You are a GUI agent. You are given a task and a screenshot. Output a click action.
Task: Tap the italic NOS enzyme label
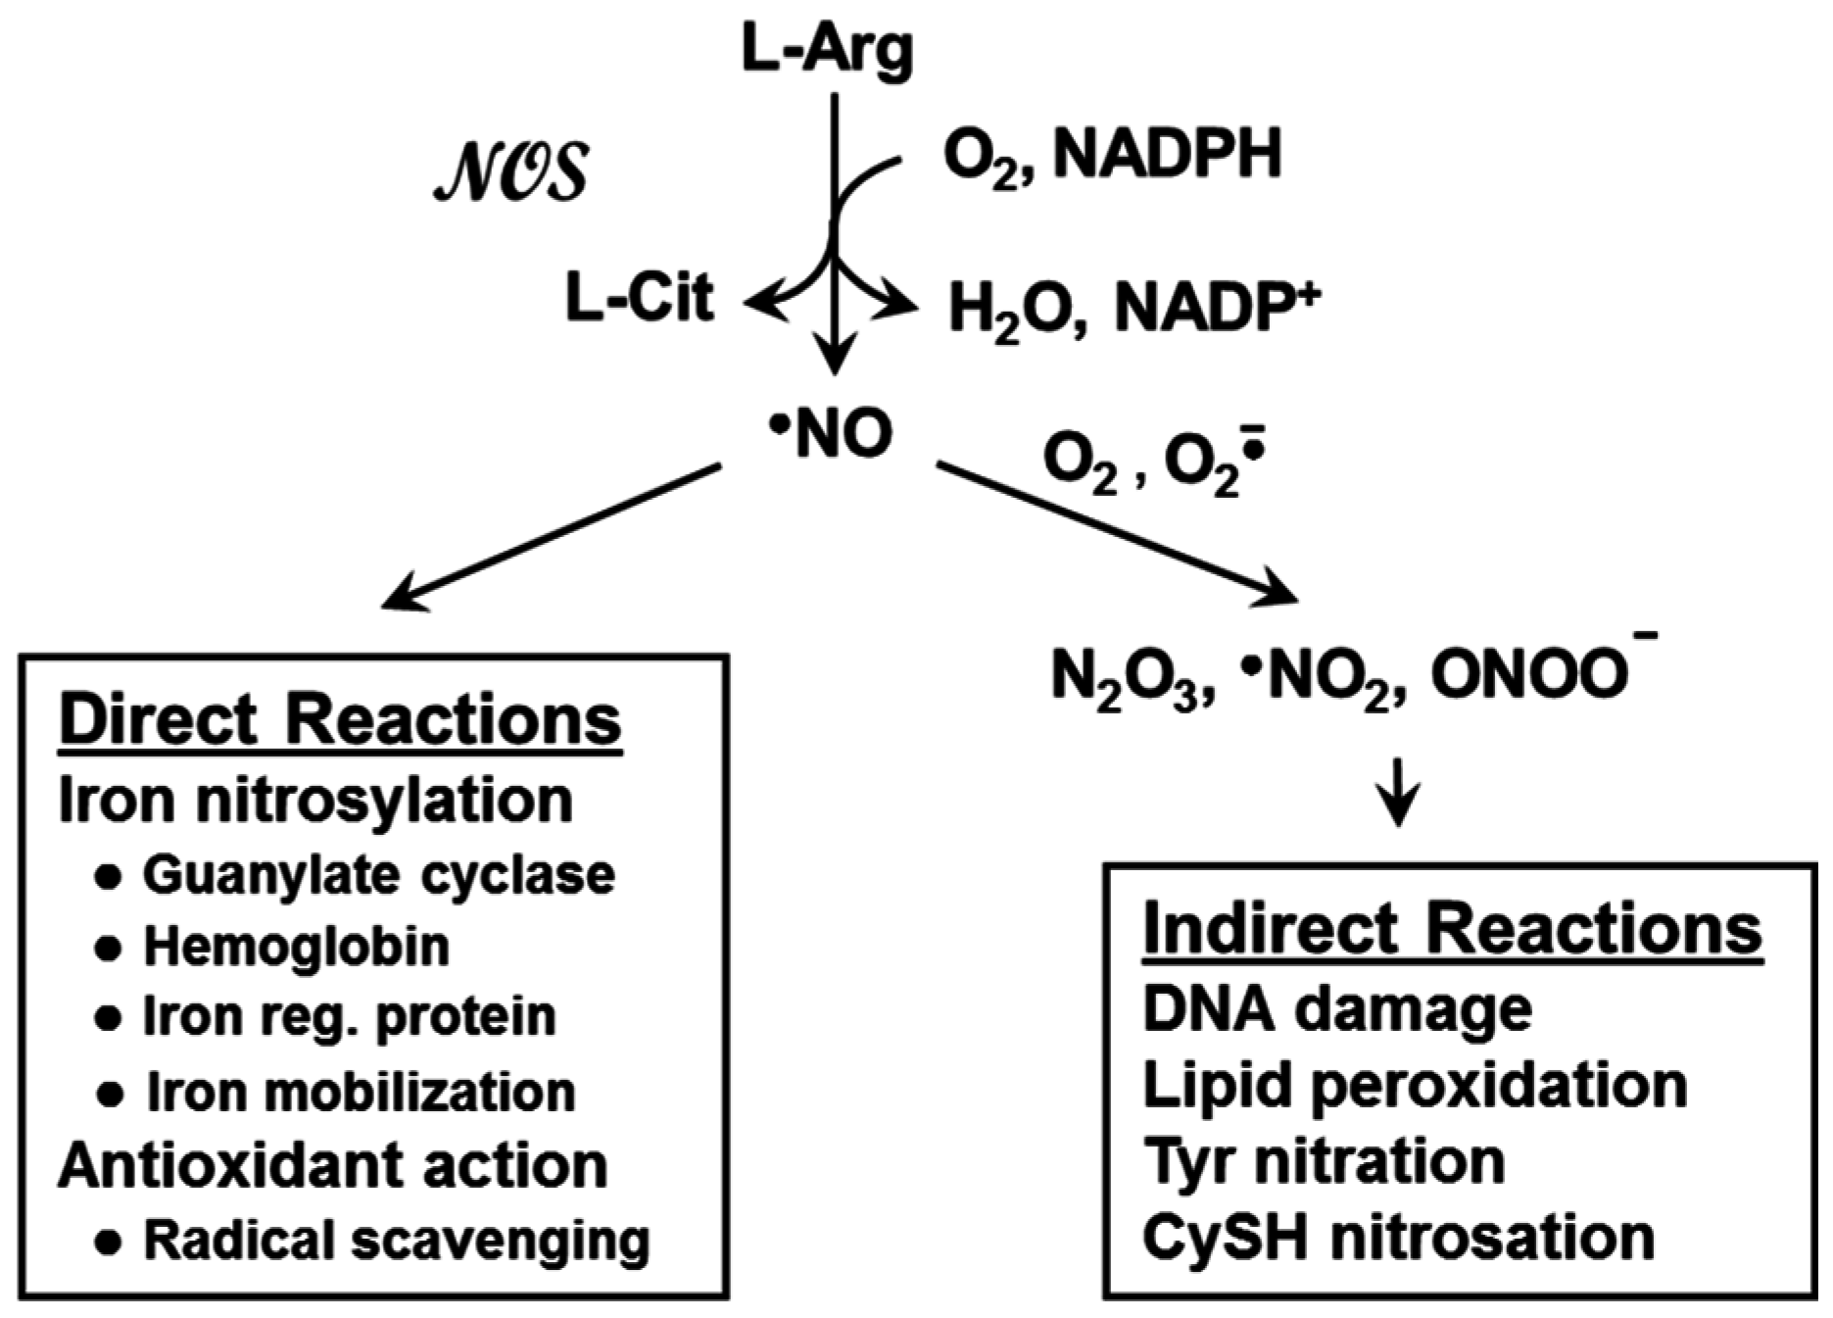[510, 172]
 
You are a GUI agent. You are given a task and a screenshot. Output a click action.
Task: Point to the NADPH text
[1167, 155]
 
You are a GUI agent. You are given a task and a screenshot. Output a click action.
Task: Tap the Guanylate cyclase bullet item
[378, 874]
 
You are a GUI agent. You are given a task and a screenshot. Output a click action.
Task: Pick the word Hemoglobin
[296, 946]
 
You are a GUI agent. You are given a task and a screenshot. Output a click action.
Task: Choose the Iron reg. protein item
[349, 1016]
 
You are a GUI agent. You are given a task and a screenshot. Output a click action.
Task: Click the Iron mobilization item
[360, 1092]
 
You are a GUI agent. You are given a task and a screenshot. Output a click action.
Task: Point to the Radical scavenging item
[396, 1240]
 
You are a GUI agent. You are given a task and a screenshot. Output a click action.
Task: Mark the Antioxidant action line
[333, 1166]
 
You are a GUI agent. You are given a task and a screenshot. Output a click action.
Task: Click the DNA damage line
[1336, 1008]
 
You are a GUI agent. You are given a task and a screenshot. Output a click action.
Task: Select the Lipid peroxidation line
[1415, 1085]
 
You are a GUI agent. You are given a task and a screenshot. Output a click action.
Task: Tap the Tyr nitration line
[1323, 1161]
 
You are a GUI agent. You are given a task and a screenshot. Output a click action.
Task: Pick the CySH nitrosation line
[1398, 1237]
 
